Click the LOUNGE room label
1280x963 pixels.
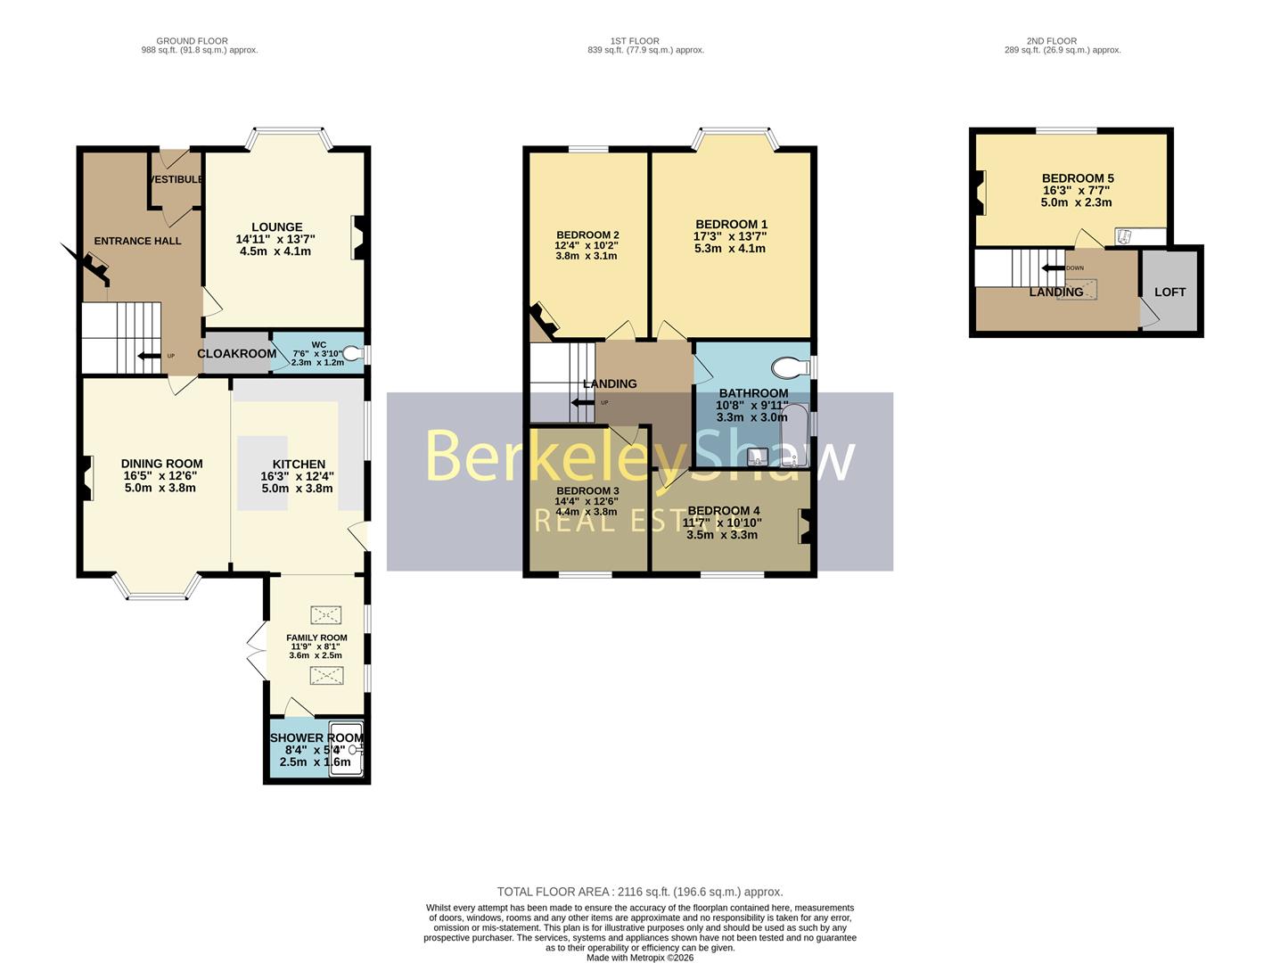pyautogui.click(x=276, y=227)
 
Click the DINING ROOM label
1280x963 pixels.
pyautogui.click(x=161, y=464)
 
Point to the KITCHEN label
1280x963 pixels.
pyautogui.click(x=299, y=465)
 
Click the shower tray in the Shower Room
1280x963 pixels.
pyautogui.click(x=345, y=749)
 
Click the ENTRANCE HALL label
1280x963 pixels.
pyautogui.click(x=137, y=241)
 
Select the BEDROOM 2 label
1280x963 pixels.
pyautogui.click(x=587, y=235)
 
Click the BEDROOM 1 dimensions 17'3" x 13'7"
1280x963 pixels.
pyautogui.click(x=730, y=236)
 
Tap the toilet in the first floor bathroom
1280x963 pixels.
pyautogui.click(x=788, y=366)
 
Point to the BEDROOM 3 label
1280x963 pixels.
pyautogui.click(x=587, y=491)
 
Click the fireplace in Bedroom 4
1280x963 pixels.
pyautogui.click(x=805, y=525)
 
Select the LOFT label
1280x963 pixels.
pyautogui.click(x=1169, y=292)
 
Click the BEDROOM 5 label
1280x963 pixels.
pyautogui.click(x=1077, y=178)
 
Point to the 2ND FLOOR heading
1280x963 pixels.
pyautogui.click(x=1051, y=41)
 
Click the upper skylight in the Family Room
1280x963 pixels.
pyautogui.click(x=324, y=614)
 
